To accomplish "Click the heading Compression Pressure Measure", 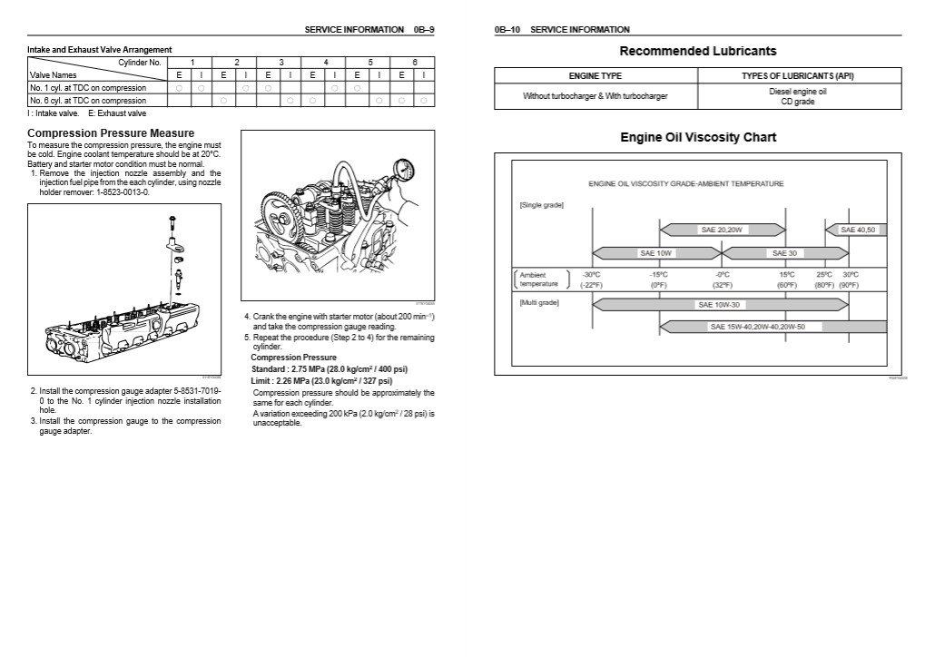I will pos(111,133).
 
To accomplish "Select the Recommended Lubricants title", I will pos(697,51).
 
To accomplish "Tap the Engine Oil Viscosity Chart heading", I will pos(697,138).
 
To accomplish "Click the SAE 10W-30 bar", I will pos(717,305).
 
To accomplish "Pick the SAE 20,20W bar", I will pos(722,230).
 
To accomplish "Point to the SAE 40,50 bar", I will pos(856,230).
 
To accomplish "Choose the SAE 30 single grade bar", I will pos(783,253).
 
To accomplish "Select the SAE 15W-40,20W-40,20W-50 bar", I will pos(772,327).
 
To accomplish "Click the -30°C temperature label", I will pos(591,274).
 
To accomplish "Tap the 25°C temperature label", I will pos(824,274).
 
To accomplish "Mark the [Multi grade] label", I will pos(539,302).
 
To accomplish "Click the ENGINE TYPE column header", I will pos(595,76).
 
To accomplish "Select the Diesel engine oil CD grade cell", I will pos(798,97).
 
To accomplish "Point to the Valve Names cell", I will pos(54,75).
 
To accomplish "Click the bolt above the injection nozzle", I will pos(171,221).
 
